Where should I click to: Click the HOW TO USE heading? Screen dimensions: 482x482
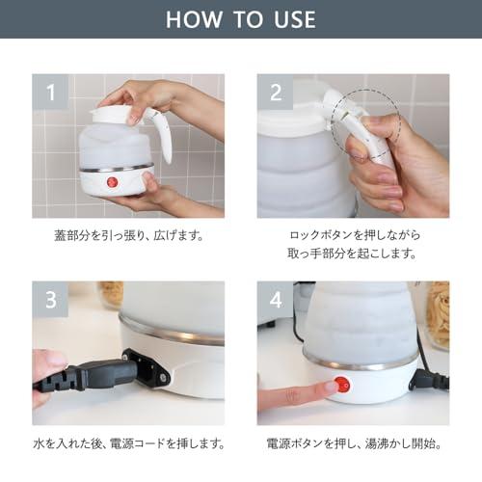click(240, 19)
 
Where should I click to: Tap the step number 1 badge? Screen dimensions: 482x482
click(50, 93)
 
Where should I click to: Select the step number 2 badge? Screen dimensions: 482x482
click(276, 93)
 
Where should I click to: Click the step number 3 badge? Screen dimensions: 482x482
click(50, 300)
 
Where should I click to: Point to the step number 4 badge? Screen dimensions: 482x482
click(276, 300)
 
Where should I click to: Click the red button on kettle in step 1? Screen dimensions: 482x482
click(112, 181)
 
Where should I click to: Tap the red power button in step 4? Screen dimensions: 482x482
click(341, 385)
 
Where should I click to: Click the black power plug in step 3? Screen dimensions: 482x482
click(92, 373)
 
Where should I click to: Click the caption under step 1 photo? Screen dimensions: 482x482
click(128, 234)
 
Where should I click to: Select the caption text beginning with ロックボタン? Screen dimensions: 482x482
click(353, 234)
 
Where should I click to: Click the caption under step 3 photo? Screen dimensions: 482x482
click(128, 444)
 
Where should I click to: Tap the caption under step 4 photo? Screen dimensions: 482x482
click(353, 444)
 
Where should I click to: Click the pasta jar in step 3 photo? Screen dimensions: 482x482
click(110, 294)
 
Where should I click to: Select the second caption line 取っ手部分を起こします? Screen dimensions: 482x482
click(353, 254)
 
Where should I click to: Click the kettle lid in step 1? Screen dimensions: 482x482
click(111, 114)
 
